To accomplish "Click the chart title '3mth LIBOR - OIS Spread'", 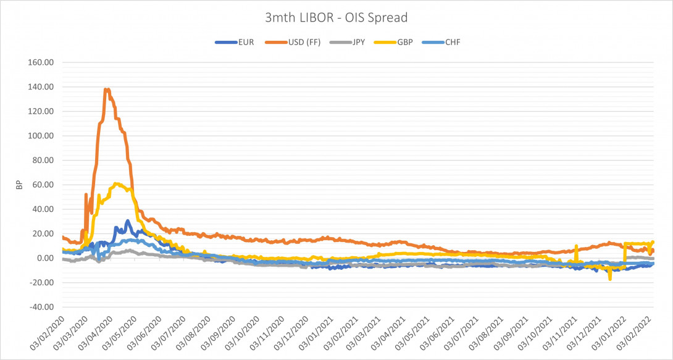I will click(336, 18).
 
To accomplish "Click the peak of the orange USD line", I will click(107, 90).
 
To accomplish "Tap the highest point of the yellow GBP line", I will click(117, 183).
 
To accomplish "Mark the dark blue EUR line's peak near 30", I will click(127, 220).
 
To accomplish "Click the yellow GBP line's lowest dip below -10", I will click(610, 278).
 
